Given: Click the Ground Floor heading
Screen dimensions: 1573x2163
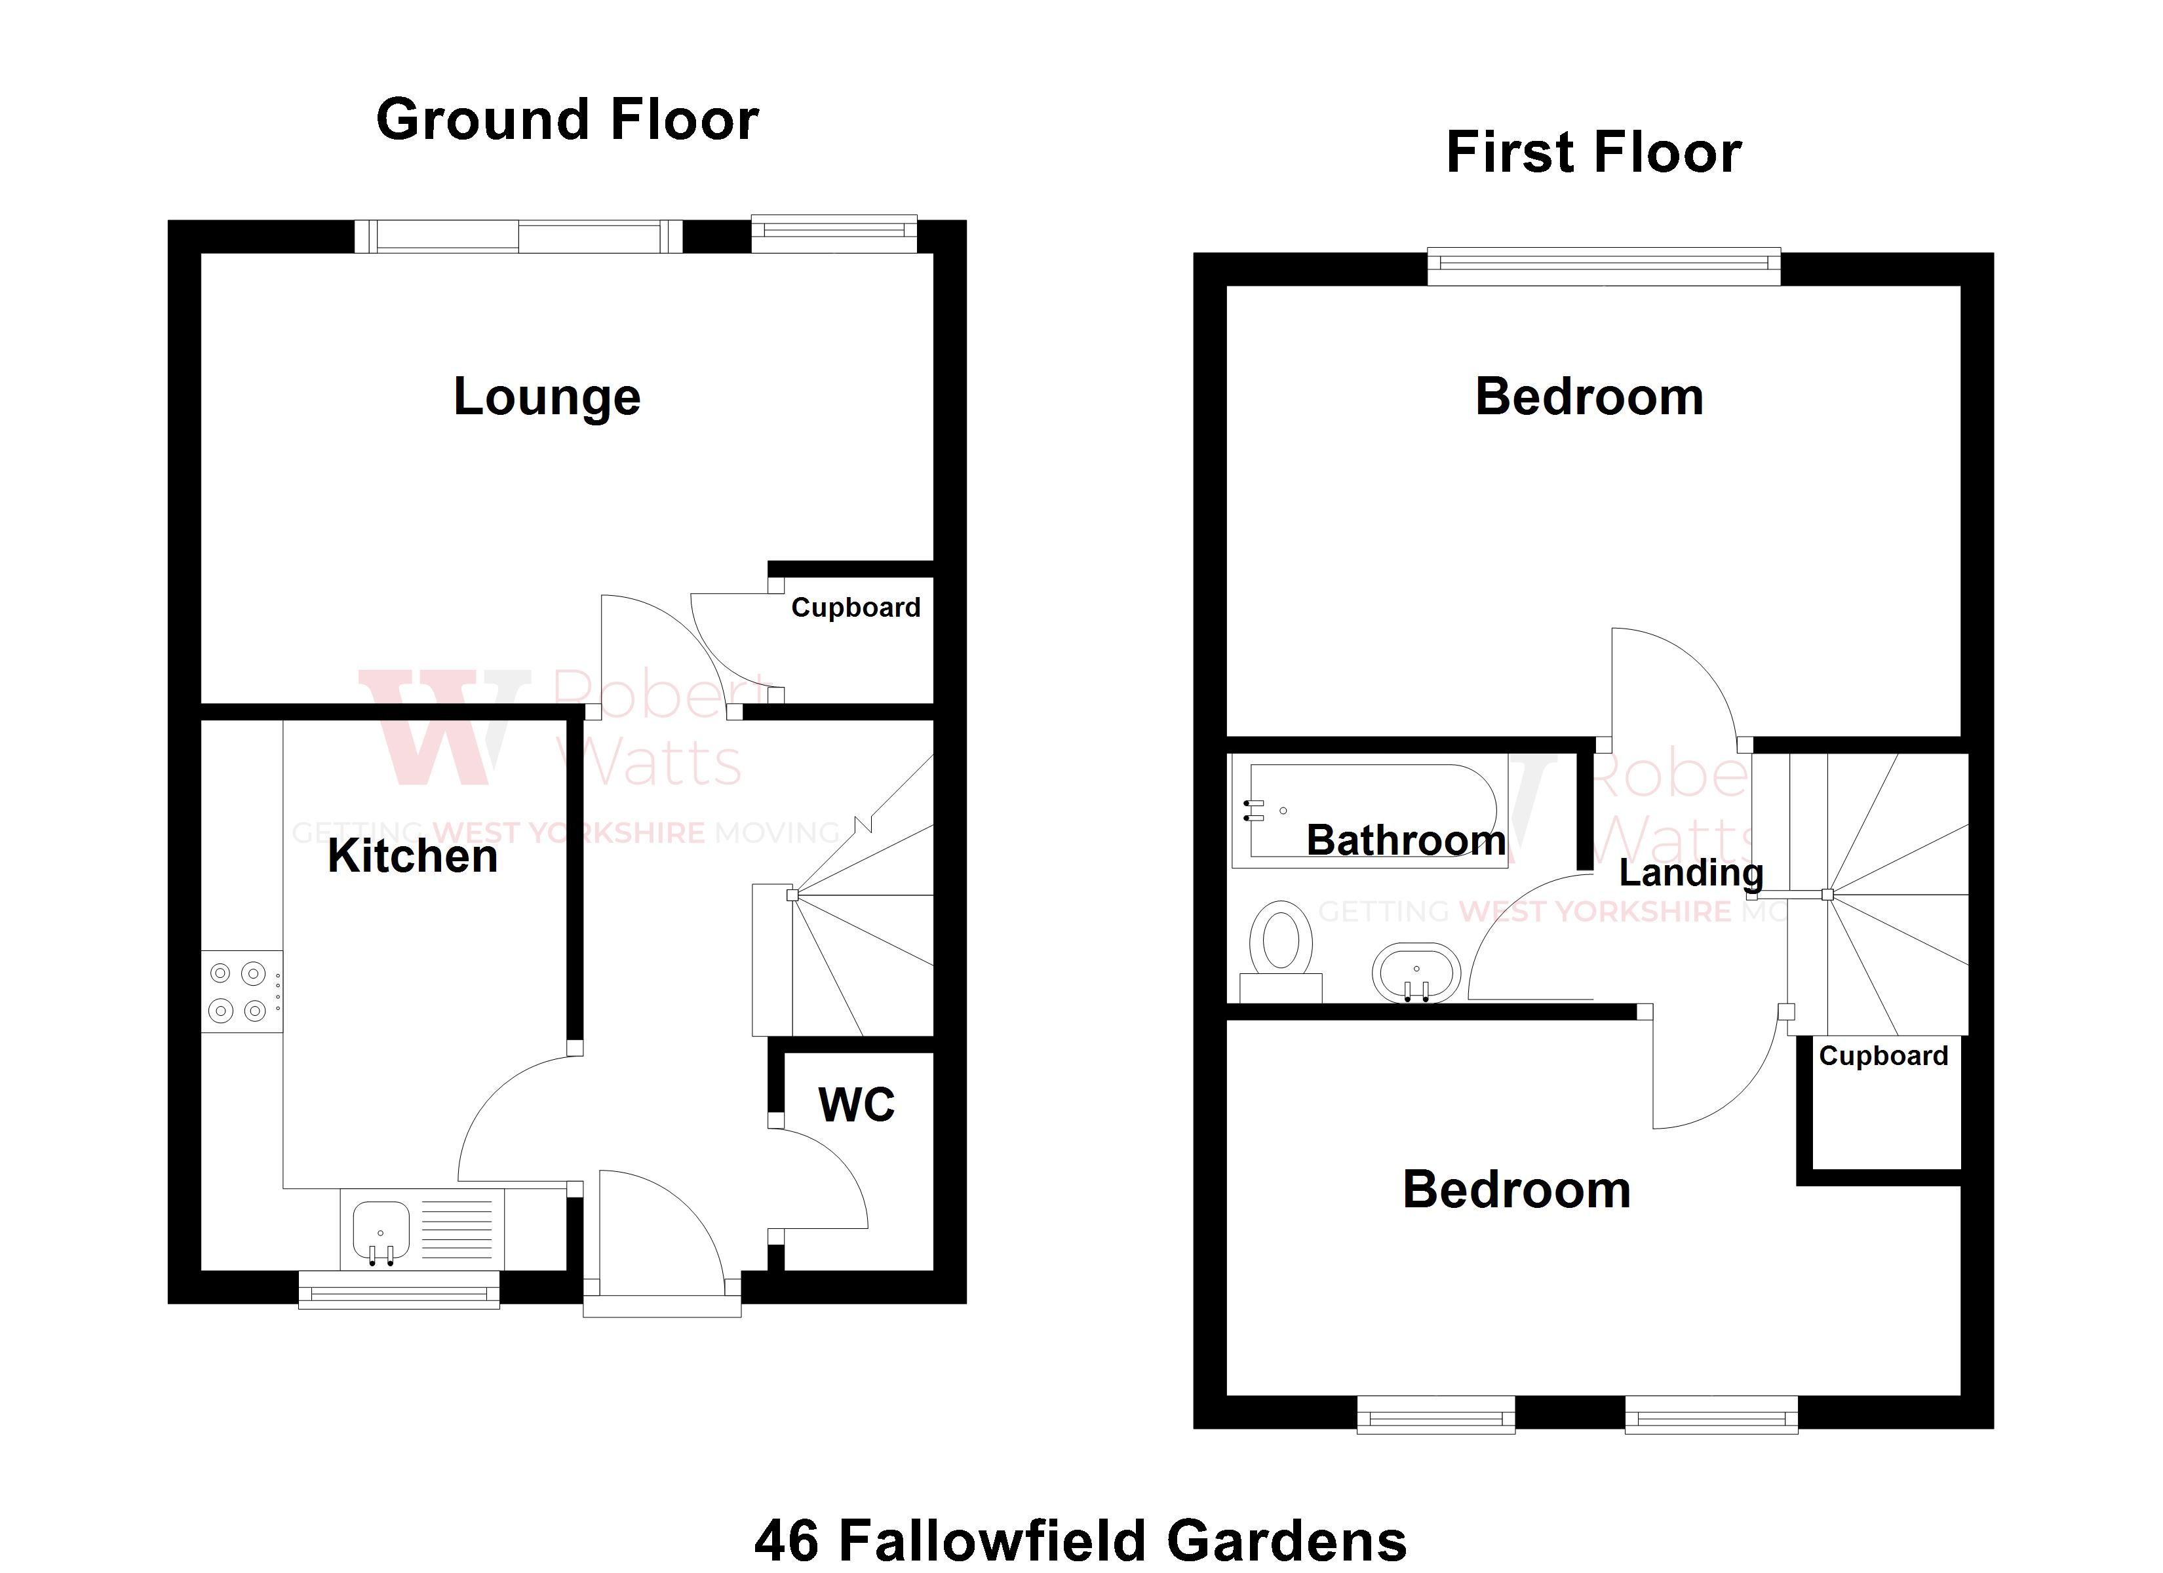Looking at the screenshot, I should coord(568,120).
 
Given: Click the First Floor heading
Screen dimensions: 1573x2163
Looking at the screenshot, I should coord(1593,153).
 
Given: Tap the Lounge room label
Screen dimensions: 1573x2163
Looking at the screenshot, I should coord(547,397).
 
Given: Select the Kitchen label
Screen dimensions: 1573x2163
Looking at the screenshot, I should coord(412,856).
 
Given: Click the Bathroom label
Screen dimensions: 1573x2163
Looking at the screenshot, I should coord(1406,840).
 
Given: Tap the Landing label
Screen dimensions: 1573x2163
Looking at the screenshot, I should coord(1691,872).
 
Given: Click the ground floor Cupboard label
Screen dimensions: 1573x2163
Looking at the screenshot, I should coord(855,608).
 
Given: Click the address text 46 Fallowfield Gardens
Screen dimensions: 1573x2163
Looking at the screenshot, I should coord(1081,1540).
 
